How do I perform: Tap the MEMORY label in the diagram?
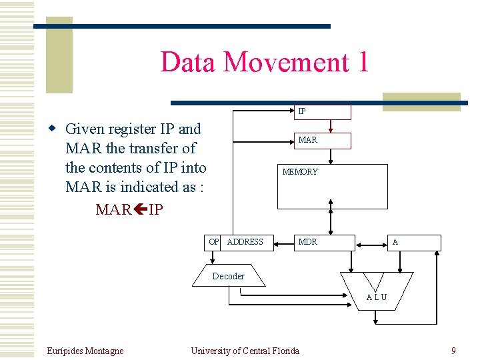(300, 172)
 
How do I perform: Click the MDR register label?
(307, 242)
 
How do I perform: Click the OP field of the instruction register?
(213, 242)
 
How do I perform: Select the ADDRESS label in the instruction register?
(245, 242)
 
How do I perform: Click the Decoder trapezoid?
(229, 276)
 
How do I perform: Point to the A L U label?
(376, 297)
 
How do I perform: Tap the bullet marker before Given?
(58, 129)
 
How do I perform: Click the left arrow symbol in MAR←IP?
(140, 210)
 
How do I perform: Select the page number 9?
(453, 351)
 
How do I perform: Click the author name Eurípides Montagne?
(85, 351)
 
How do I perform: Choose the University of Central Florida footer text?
(245, 351)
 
